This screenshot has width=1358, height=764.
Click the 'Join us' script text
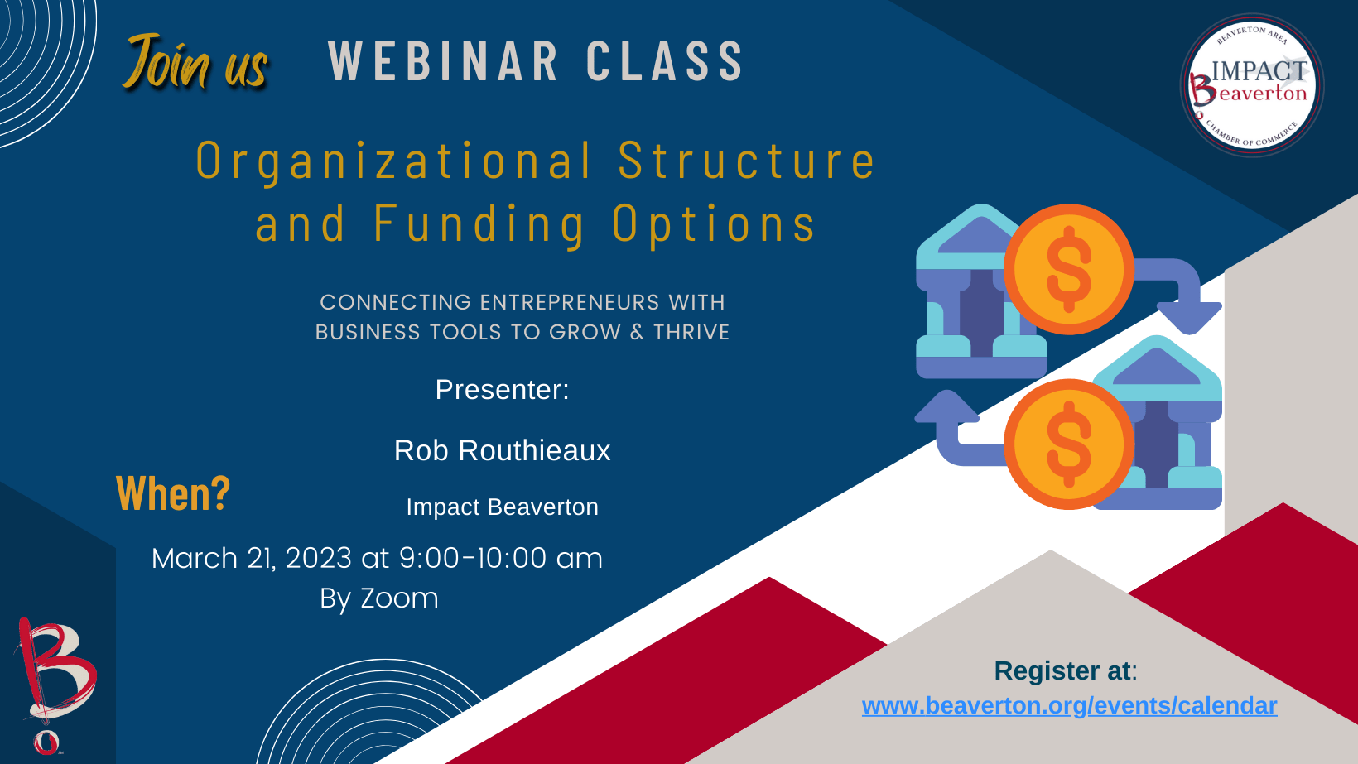point(195,62)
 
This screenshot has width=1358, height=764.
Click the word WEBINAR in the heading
point(443,60)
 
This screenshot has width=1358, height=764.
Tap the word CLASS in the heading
point(664,60)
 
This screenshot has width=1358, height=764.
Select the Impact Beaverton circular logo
point(1252,84)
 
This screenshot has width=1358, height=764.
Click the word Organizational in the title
point(394,161)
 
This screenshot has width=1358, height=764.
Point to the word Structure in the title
point(747,160)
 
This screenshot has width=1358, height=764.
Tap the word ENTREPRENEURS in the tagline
point(569,302)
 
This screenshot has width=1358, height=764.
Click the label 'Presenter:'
point(502,389)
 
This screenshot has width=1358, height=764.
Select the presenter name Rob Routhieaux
point(502,450)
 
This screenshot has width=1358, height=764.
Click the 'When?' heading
point(173,493)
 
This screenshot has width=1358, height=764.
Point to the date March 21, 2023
point(252,558)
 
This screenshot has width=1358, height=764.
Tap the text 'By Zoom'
point(379,598)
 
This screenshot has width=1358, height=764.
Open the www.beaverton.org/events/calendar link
point(1070,705)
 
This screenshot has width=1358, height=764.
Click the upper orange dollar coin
point(1069,270)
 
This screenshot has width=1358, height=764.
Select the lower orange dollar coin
point(1069,444)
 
